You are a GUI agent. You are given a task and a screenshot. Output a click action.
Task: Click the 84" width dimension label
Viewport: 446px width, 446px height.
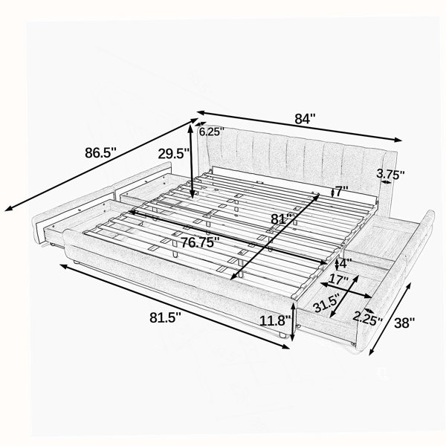point(306,119)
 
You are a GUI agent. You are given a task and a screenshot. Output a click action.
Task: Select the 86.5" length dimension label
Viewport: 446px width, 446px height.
point(100,152)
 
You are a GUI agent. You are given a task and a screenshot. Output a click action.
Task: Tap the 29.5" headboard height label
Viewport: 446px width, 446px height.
point(174,154)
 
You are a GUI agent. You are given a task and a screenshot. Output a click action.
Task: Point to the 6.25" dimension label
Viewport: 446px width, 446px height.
point(212,132)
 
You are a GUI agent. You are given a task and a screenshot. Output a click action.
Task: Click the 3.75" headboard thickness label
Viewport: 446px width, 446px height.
point(390,175)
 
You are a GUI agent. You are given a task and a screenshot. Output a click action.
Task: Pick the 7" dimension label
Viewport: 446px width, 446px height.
point(342,192)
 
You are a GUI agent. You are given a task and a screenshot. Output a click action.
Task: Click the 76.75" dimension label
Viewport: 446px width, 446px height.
point(200,242)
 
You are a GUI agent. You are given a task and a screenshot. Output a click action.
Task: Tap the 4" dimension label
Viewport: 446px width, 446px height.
point(346,263)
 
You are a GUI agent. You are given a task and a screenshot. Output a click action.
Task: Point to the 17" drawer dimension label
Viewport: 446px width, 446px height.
point(338,280)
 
